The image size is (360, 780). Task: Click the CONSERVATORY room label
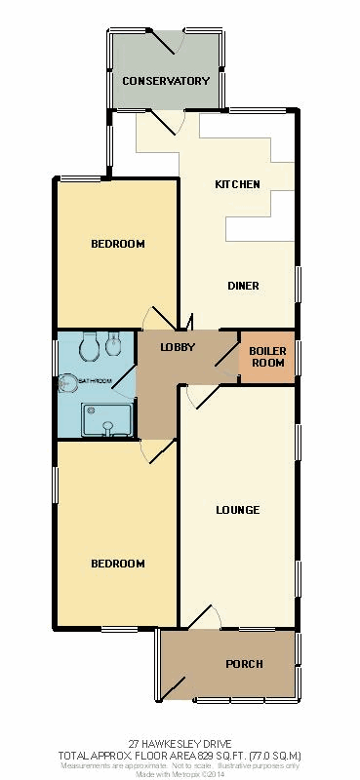[166, 81]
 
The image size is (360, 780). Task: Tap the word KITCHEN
[237, 184]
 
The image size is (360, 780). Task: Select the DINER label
[244, 286]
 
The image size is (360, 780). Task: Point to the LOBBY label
[178, 347]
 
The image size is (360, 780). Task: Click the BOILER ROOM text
[268, 357]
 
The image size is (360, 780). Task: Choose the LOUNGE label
[238, 510]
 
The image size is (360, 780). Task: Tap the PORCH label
[244, 664]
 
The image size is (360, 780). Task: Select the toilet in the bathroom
[90, 346]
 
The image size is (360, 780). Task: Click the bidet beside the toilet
[113, 344]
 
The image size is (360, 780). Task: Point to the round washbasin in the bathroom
[67, 383]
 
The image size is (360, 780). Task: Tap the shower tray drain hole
[90, 411]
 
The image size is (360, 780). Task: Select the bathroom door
[124, 381]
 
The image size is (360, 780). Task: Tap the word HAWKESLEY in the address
[173, 744]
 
